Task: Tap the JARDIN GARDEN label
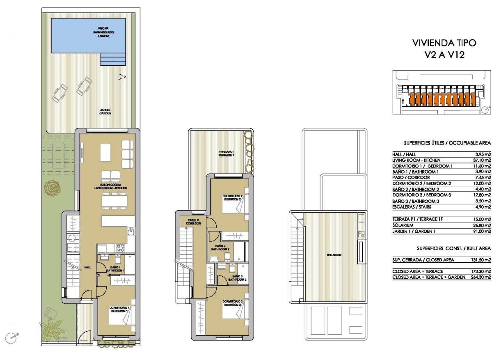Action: (105, 111)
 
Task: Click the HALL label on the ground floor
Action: (87, 267)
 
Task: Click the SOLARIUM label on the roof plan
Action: (334, 255)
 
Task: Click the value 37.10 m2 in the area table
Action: (481, 160)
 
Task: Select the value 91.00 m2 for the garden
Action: (481, 231)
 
